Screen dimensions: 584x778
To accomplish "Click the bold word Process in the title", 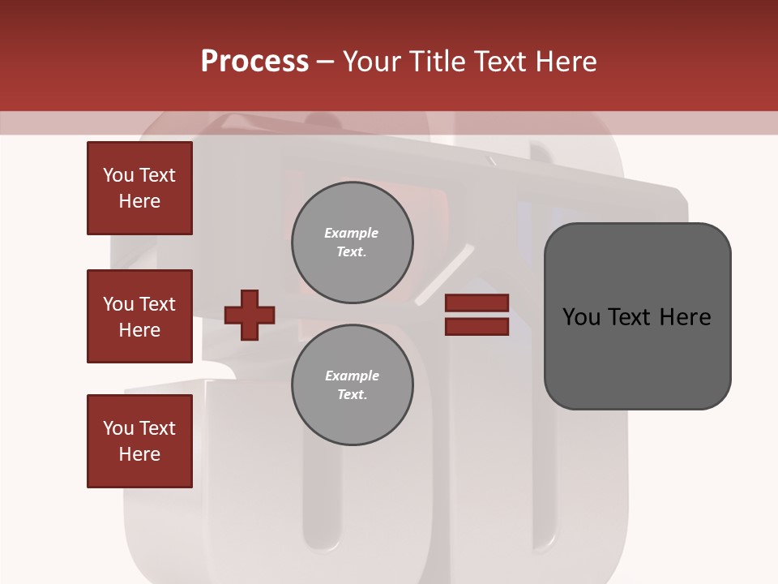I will click(x=254, y=62).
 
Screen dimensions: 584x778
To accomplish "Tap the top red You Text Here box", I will click(x=139, y=188).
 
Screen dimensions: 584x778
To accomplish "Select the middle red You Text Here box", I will click(x=139, y=316).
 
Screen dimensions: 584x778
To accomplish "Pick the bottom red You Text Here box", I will click(x=139, y=441).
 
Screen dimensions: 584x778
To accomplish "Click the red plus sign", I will click(x=250, y=315).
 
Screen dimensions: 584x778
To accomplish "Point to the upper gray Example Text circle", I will click(x=352, y=243).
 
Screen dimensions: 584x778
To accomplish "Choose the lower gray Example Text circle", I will click(x=352, y=385).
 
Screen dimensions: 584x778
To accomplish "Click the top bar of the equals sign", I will click(x=477, y=303).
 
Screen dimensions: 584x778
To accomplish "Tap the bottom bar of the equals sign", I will click(x=477, y=327).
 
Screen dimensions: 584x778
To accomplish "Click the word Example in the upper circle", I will click(x=352, y=233).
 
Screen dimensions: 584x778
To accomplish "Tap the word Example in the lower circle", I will click(x=352, y=376).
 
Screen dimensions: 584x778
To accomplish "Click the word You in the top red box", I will click(x=118, y=175).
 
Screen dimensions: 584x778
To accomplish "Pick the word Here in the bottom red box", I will click(x=139, y=454).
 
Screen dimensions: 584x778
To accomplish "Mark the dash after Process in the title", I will click(x=326, y=62).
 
